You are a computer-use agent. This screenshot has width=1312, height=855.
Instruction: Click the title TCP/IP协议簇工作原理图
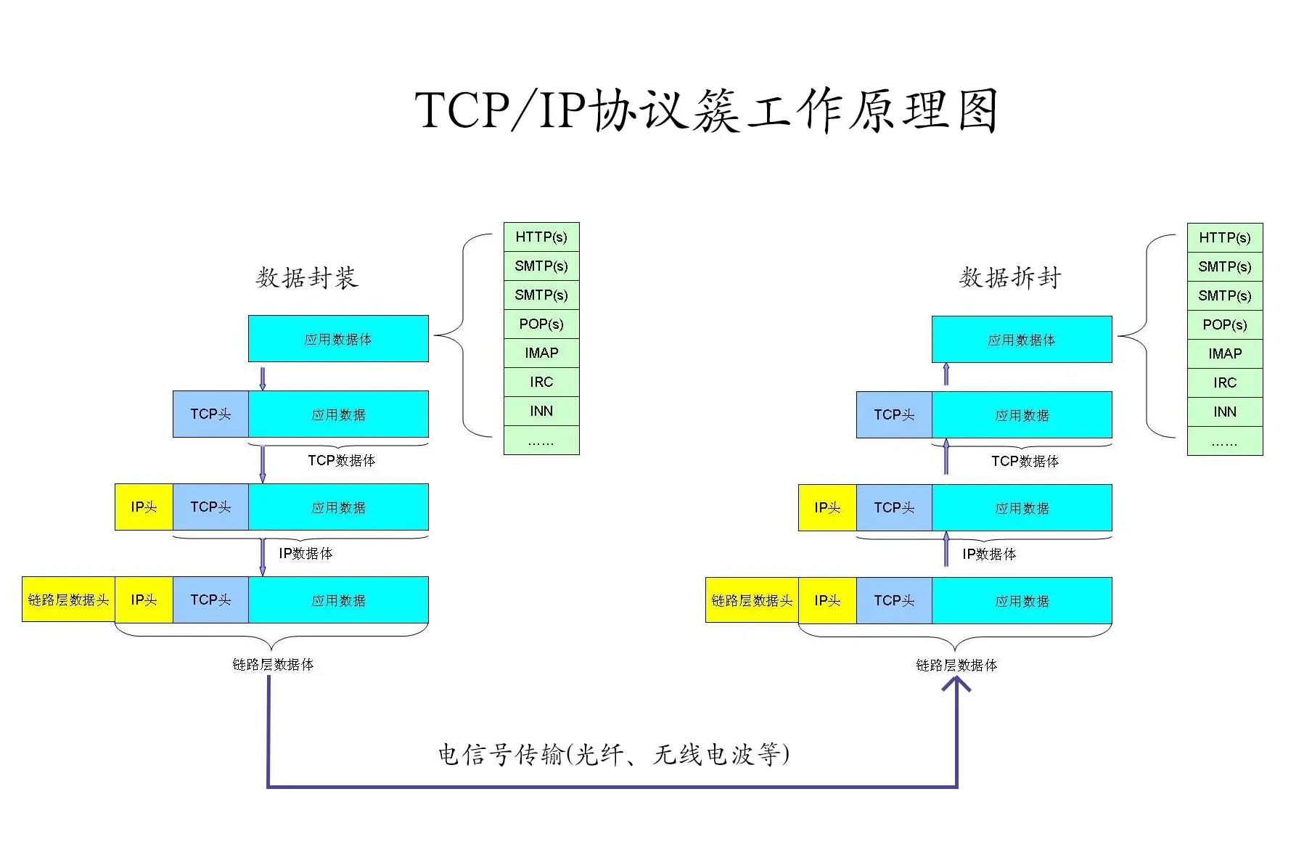coord(706,111)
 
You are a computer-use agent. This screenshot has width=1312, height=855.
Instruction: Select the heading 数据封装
coord(306,277)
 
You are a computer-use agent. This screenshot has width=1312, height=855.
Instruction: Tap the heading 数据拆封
coord(1009,277)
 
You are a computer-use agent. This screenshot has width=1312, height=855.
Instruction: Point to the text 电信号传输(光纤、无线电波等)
coord(613,755)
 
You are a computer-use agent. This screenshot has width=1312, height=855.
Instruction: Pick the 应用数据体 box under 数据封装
coord(338,339)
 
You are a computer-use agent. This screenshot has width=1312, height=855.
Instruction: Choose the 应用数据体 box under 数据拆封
coord(1022,340)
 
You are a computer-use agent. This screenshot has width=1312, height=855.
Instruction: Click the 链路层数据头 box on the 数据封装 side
coord(68,600)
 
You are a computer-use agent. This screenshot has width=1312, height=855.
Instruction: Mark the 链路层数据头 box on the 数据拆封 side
coord(752,601)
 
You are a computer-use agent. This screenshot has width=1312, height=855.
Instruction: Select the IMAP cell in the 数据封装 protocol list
coord(541,353)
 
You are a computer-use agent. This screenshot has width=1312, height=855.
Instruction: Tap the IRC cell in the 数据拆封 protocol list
coord(1225,383)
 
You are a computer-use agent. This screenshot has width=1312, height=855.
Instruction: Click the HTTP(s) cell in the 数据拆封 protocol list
coord(1225,238)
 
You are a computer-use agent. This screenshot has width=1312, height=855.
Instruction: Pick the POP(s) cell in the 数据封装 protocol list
coord(541,324)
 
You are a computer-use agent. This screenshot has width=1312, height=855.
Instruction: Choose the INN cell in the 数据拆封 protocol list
coord(1225,412)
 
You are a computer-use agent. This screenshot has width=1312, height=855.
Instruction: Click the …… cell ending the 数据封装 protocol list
coord(541,441)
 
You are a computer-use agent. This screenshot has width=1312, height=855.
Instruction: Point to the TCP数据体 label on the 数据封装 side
coord(341,461)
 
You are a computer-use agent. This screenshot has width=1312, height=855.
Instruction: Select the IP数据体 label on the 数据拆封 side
coord(989,555)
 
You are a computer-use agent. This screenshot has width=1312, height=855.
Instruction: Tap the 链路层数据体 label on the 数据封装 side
coord(273,665)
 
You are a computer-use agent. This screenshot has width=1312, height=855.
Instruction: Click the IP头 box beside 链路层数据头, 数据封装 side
coord(144,600)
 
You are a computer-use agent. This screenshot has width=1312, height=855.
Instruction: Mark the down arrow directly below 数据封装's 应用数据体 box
coord(263,377)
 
